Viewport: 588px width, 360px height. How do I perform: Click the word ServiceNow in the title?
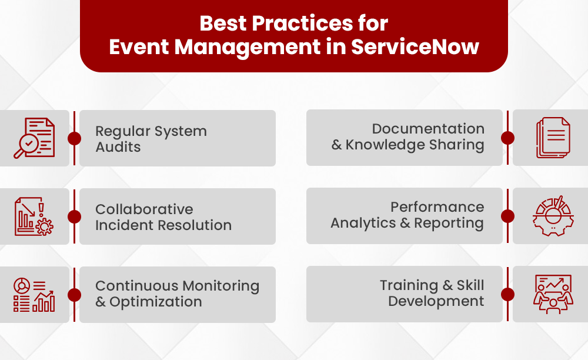point(415,47)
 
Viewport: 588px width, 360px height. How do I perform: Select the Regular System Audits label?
point(151,139)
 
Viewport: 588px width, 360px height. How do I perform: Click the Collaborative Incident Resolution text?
point(163,217)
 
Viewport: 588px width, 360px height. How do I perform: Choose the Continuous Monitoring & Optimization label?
point(177,294)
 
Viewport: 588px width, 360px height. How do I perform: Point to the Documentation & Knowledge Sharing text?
point(408,136)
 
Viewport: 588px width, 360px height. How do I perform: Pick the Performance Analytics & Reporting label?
point(407,215)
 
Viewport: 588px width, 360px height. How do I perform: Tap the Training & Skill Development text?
point(432,293)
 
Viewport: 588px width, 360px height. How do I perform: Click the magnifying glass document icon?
point(34,138)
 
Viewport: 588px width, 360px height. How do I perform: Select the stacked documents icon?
point(553,138)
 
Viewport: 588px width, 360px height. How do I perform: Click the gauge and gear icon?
point(552,216)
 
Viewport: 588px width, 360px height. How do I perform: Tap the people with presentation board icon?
point(553,294)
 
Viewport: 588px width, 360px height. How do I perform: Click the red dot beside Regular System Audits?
point(74,138)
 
